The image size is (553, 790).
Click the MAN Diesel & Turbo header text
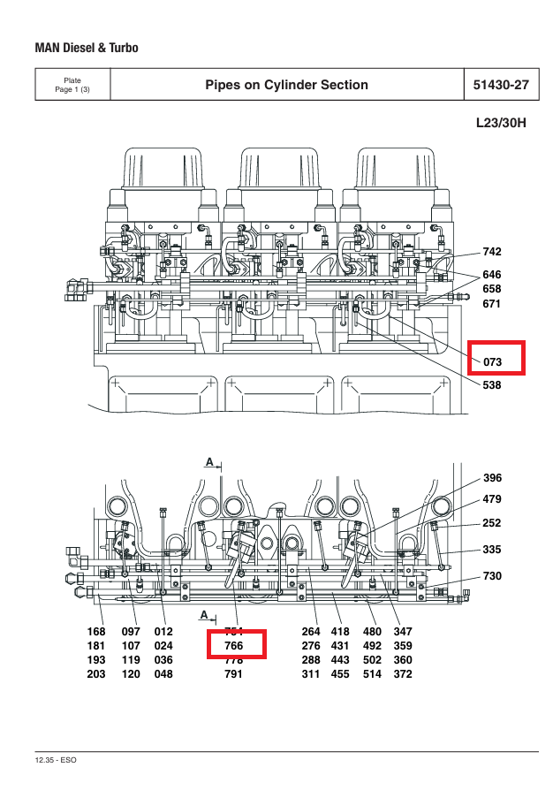click(87, 48)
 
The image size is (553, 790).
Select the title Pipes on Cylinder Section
click(286, 85)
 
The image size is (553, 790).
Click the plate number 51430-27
click(501, 85)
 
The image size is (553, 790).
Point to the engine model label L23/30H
click(501, 123)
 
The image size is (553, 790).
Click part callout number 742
click(492, 253)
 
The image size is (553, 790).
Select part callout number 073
click(492, 362)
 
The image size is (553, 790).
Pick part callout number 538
click(492, 385)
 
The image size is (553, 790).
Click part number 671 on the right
click(492, 304)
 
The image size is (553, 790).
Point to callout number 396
click(492, 478)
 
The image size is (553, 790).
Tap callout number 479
click(492, 499)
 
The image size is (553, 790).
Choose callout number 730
click(492, 576)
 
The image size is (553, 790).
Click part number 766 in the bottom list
click(234, 646)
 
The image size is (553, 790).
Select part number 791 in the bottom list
click(234, 674)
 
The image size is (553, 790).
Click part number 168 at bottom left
click(95, 632)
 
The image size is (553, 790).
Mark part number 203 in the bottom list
click(95, 674)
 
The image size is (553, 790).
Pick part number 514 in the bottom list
click(373, 674)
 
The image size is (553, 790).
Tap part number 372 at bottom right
click(403, 674)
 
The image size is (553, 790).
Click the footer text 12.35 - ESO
click(57, 760)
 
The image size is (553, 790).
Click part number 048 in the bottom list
click(163, 674)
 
